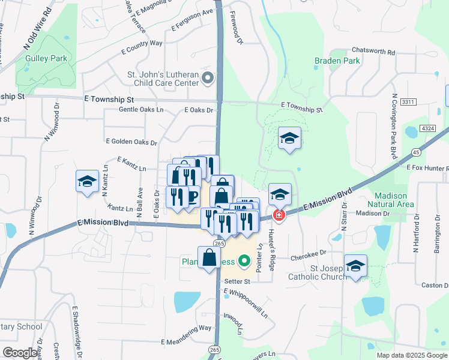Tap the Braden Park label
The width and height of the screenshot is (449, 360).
(337, 61)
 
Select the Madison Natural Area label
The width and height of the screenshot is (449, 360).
(391, 200)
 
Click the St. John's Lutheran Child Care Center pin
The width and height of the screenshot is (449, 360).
(208, 77)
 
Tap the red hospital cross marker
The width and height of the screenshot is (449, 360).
(279, 214)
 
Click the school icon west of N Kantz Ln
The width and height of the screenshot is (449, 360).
(87, 181)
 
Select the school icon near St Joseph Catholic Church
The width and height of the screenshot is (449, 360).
(355, 266)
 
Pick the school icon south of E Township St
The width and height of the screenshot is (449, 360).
(289, 139)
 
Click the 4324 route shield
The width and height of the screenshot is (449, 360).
(428, 128)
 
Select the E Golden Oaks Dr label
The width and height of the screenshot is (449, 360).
(131, 142)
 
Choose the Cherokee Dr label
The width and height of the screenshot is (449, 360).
(310, 253)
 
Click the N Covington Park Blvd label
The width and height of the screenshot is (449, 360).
(394, 125)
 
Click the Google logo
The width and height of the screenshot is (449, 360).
(20, 353)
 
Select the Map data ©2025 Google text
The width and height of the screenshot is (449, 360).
(411, 355)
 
